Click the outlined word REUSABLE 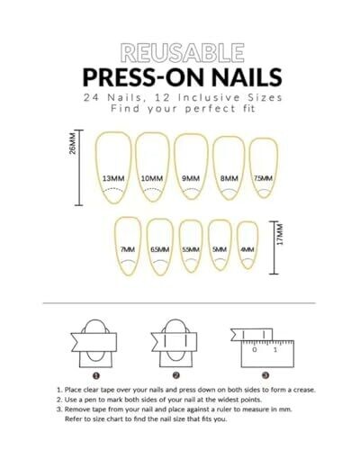coord(183,53)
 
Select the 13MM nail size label coord(113,178)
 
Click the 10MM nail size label coord(152,178)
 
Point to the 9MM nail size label coord(191,178)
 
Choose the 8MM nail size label coord(229,178)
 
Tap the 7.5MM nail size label coord(264,178)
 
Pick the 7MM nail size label coord(128,249)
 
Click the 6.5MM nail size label coord(160,249)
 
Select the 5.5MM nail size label coord(191,249)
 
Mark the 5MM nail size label coord(220,249)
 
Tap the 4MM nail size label coord(247,249)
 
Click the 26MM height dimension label coord(73,143)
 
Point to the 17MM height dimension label coord(280,234)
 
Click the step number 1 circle coord(96,375)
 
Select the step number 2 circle coord(176,375)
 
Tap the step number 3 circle coord(265,375)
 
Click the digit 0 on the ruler coord(255,349)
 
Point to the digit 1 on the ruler coord(275,349)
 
